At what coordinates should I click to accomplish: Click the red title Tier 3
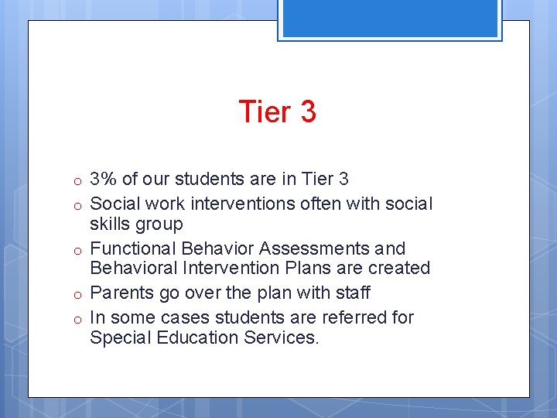[x=278, y=111]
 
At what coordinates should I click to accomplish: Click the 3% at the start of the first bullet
[x=104, y=180]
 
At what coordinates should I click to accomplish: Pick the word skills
[x=110, y=224]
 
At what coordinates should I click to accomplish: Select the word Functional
[x=133, y=248]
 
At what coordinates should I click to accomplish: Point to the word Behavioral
[x=132, y=268]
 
